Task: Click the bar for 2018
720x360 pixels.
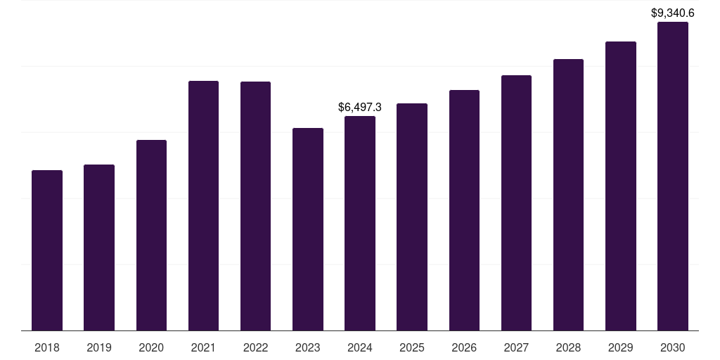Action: (x=47, y=250)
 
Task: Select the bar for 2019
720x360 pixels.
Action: (x=99, y=247)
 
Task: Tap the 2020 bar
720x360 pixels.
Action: (x=151, y=235)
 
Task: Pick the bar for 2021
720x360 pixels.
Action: (x=203, y=205)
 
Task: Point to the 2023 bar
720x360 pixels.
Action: (x=308, y=229)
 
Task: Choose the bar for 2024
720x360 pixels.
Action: (x=360, y=223)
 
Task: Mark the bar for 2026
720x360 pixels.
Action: (x=464, y=210)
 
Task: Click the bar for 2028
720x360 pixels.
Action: (x=568, y=195)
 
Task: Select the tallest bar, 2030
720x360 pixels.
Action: (x=673, y=176)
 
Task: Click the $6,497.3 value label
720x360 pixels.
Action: (x=360, y=108)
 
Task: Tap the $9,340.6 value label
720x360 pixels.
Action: (x=673, y=13)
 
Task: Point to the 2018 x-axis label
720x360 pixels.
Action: (x=47, y=347)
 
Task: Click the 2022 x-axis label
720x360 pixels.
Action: (x=255, y=347)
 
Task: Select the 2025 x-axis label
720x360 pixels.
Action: (x=412, y=347)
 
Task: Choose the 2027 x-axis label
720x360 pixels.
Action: (x=516, y=347)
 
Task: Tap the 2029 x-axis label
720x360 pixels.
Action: (x=620, y=347)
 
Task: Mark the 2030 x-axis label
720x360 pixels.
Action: (x=673, y=347)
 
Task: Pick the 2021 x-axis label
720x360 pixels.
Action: (x=203, y=347)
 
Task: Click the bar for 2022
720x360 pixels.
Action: (x=255, y=206)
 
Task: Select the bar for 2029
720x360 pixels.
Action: (x=620, y=186)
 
